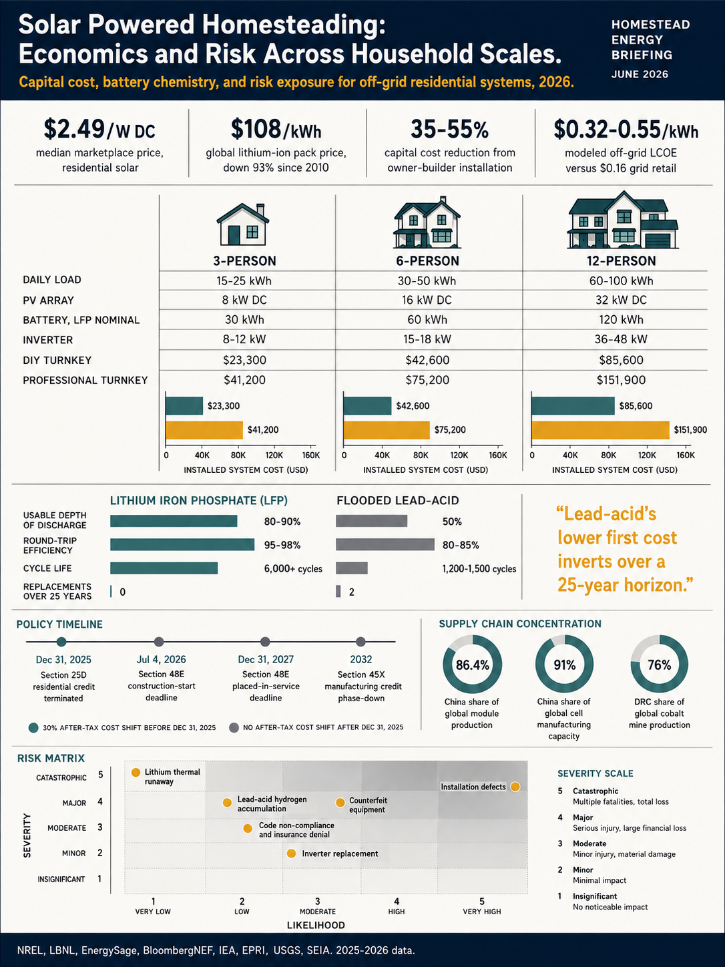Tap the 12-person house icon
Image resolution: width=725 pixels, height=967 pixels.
[622, 220]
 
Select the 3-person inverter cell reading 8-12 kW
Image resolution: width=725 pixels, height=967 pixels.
[244, 339]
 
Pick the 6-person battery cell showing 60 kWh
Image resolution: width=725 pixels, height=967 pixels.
[427, 319]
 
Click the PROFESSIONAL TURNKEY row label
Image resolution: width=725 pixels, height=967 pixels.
[85, 380]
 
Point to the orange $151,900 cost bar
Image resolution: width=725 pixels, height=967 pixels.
[600, 430]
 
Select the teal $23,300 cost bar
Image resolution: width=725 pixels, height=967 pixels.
[184, 406]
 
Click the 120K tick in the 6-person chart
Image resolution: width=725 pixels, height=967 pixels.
[459, 455]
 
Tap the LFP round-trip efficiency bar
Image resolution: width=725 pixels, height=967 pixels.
[182, 544]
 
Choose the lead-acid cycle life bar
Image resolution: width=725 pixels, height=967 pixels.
[352, 568]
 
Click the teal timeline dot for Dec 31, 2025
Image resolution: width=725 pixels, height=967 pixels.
[61, 641]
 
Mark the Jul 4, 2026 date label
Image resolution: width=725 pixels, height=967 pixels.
[161, 660]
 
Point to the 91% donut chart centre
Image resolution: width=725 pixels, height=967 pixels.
[564, 664]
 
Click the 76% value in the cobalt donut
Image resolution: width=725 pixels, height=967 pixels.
[659, 665]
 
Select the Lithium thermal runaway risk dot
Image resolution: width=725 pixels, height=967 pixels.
[136, 772]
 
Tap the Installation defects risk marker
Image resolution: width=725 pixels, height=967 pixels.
[515, 787]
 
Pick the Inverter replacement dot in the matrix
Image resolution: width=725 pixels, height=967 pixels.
[291, 853]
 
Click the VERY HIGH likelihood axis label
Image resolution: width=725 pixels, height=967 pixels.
[481, 912]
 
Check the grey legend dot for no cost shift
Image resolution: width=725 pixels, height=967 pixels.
[234, 727]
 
